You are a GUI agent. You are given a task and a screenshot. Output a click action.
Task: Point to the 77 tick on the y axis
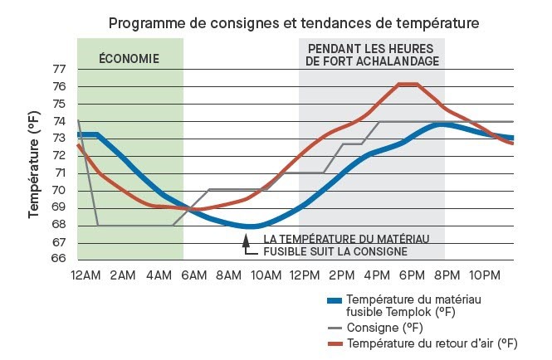(x=60, y=69)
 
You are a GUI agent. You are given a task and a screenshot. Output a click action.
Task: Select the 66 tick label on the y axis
(x=60, y=259)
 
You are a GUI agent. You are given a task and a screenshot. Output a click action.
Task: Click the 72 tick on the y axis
(x=60, y=156)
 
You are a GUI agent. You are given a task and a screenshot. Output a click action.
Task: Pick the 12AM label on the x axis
(x=86, y=275)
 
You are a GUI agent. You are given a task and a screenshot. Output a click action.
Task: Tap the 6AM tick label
(x=196, y=275)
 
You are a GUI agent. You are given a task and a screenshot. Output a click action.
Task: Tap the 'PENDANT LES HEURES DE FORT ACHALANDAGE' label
(x=371, y=55)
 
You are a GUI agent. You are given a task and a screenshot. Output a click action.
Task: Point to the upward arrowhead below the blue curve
(x=246, y=239)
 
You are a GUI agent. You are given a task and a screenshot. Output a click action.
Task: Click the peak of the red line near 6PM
(x=407, y=84)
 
